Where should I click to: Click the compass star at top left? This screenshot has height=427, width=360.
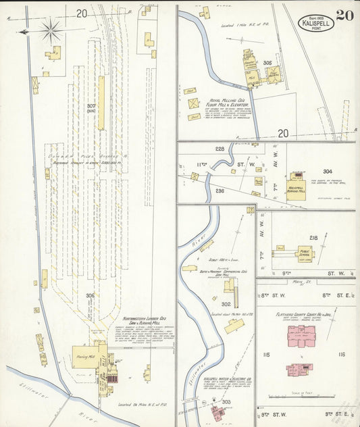(x=51, y=30)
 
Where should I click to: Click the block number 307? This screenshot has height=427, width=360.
(x=91, y=106)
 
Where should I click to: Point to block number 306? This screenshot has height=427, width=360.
(x=90, y=295)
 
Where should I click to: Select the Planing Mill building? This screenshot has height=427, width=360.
(x=85, y=353)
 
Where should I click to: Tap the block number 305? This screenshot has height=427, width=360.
(x=267, y=63)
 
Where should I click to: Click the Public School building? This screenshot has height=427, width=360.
(x=305, y=253)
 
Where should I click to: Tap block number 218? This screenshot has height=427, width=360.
(x=313, y=238)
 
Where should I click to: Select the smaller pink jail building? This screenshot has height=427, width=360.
(x=299, y=370)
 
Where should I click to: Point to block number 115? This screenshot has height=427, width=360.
(x=266, y=354)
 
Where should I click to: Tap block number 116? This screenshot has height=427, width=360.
(x=341, y=354)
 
